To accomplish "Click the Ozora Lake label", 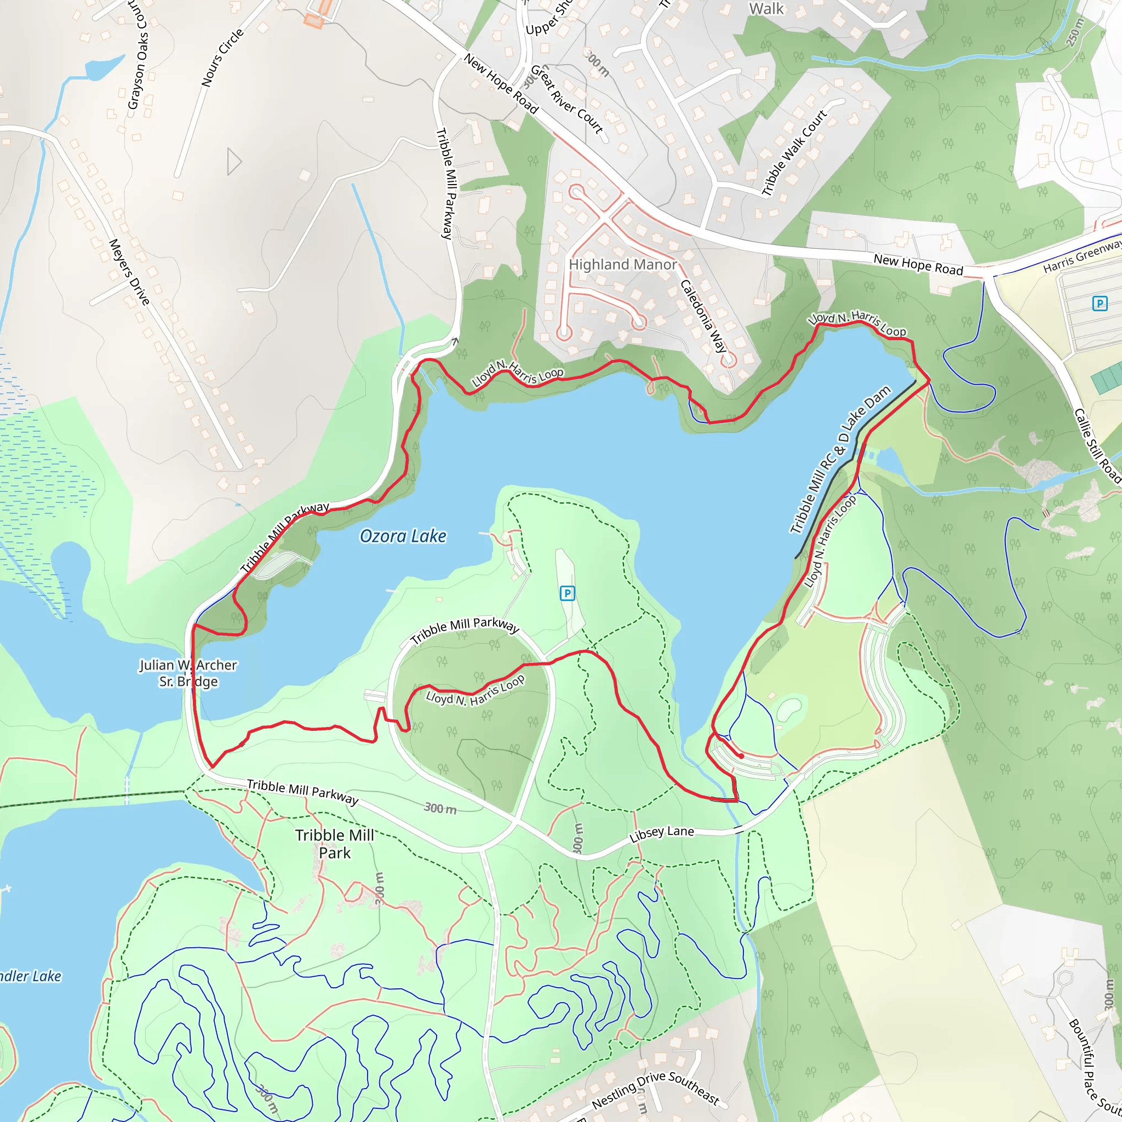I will coord(403,536).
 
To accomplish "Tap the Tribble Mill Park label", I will coord(335,844).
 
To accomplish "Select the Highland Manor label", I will coord(622,265).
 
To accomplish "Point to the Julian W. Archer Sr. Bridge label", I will coord(188,673).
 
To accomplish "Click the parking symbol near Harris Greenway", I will coord(1100,303).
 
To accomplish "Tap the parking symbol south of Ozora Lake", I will coord(567,593).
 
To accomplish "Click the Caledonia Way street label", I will coord(703,316).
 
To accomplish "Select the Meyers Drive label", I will coord(129,272).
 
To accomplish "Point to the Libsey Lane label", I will coord(661,834).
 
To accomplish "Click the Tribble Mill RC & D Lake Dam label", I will coord(840,459).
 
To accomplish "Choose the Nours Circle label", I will coord(222,58).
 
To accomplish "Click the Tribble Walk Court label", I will coord(794,153).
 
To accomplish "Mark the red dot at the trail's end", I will coord(741,756).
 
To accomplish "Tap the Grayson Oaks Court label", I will coord(138,55).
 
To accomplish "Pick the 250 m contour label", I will coord(1075,32).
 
